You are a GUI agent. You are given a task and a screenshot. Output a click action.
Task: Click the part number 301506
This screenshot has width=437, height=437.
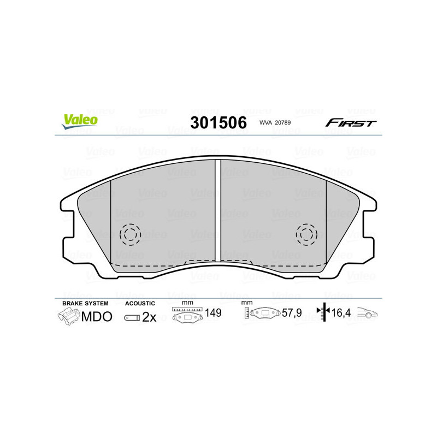[x=218, y=122]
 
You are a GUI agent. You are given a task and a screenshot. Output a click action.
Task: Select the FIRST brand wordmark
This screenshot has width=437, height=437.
[x=351, y=123]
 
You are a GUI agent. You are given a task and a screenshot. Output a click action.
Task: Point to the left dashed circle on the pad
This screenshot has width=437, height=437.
[x=130, y=234]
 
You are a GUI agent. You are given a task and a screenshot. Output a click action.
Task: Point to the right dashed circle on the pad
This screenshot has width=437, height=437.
[x=306, y=234]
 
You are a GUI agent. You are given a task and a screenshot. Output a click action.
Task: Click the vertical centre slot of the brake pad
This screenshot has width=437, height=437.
[x=218, y=210]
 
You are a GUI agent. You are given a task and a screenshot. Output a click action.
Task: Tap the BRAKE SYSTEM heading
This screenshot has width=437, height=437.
[x=85, y=303]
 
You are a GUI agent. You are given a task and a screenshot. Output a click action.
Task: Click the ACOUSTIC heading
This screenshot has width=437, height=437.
[x=140, y=303]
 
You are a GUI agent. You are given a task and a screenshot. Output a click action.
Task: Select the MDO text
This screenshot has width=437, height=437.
[x=97, y=317]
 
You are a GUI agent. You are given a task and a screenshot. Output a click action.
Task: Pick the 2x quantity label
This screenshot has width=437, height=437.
[x=149, y=317]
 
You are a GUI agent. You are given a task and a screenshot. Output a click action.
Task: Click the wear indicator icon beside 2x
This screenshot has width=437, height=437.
[x=131, y=317]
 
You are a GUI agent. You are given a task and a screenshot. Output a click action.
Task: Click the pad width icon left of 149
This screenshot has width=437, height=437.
[x=187, y=315]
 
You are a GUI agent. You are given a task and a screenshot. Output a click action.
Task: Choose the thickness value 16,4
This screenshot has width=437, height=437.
[x=342, y=314]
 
